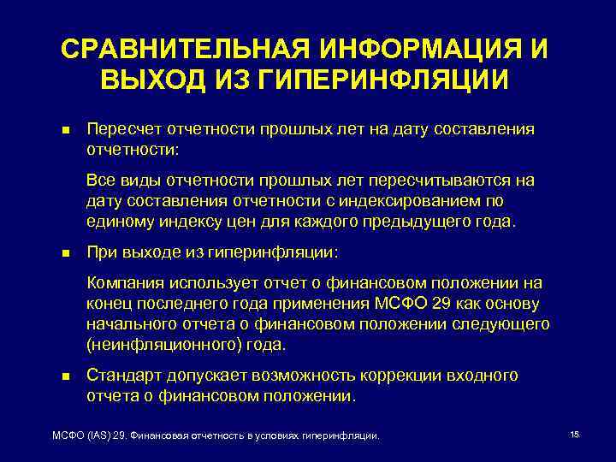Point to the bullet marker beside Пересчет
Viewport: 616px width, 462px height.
click(66, 130)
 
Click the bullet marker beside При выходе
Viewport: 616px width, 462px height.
click(66, 254)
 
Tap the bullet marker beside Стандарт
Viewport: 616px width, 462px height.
click(66, 376)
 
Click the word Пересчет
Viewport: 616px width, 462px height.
click(121, 129)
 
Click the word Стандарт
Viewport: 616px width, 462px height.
click(121, 376)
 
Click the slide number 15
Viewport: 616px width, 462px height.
click(574, 435)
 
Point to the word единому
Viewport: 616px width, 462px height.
click(116, 221)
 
